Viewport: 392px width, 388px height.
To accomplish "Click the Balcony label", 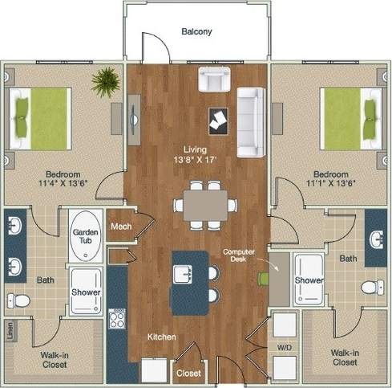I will [196, 32].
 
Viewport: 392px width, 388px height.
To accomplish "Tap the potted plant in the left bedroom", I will [104, 81].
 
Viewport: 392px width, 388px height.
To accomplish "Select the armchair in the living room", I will [213, 80].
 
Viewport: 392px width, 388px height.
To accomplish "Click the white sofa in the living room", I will [250, 122].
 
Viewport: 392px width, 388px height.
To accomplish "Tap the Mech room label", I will [121, 227].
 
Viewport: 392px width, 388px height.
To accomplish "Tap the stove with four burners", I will [117, 320].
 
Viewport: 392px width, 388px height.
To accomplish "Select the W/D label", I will [285, 348].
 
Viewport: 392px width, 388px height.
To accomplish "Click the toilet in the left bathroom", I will [19, 300].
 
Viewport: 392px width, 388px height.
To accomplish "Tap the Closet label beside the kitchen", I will [188, 373].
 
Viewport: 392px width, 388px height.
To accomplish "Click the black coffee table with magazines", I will [218, 120].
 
